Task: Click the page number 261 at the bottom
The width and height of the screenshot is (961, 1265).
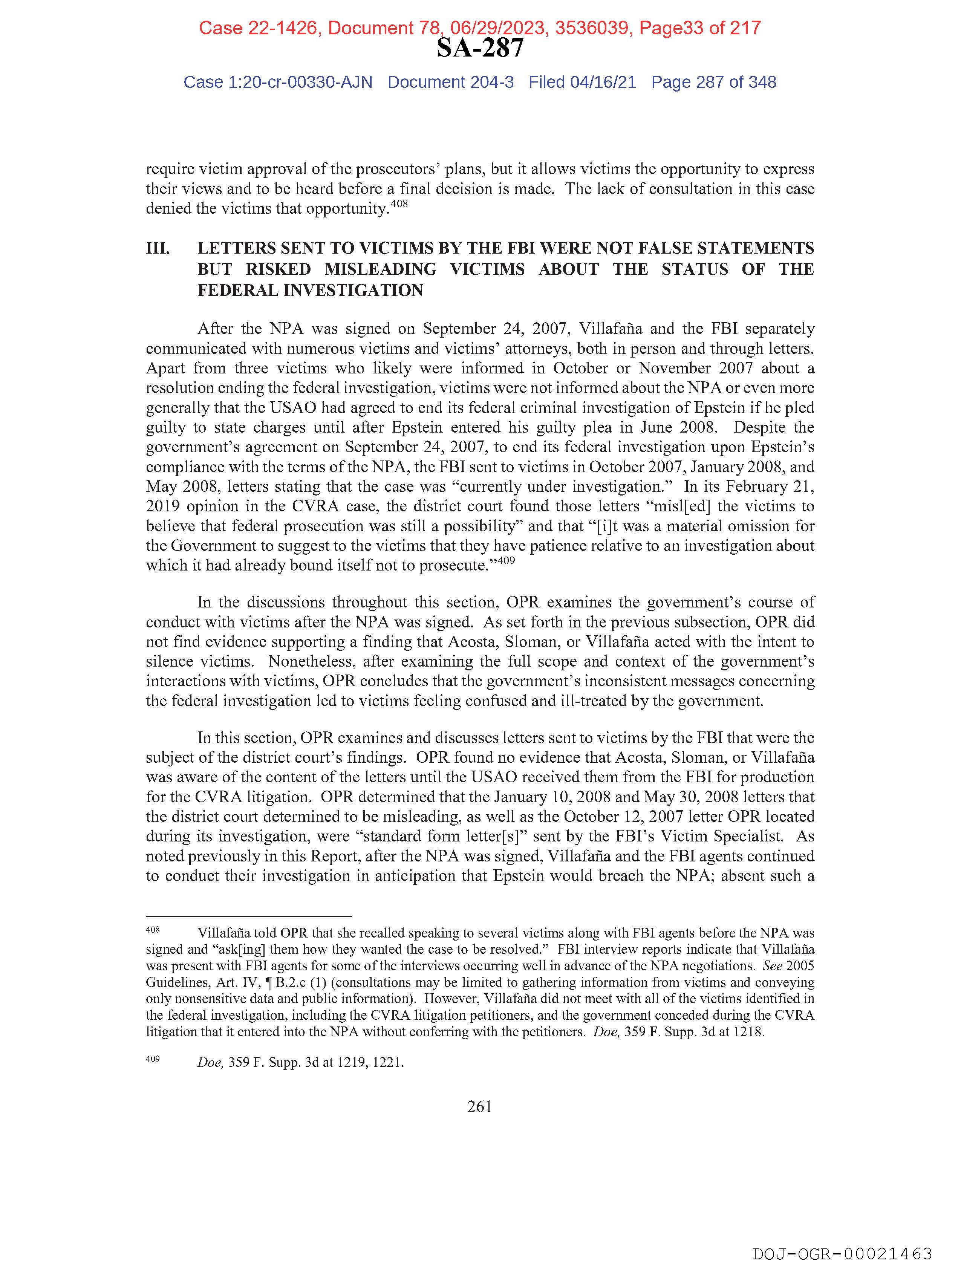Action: click(479, 1107)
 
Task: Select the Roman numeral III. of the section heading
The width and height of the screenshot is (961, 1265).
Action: click(158, 249)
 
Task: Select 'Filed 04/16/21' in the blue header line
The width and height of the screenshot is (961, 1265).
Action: click(582, 83)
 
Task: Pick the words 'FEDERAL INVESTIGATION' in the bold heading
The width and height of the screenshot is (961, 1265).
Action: click(310, 291)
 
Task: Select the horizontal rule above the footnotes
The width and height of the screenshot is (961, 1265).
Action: click(248, 916)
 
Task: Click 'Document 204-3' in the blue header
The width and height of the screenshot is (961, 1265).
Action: click(450, 83)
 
